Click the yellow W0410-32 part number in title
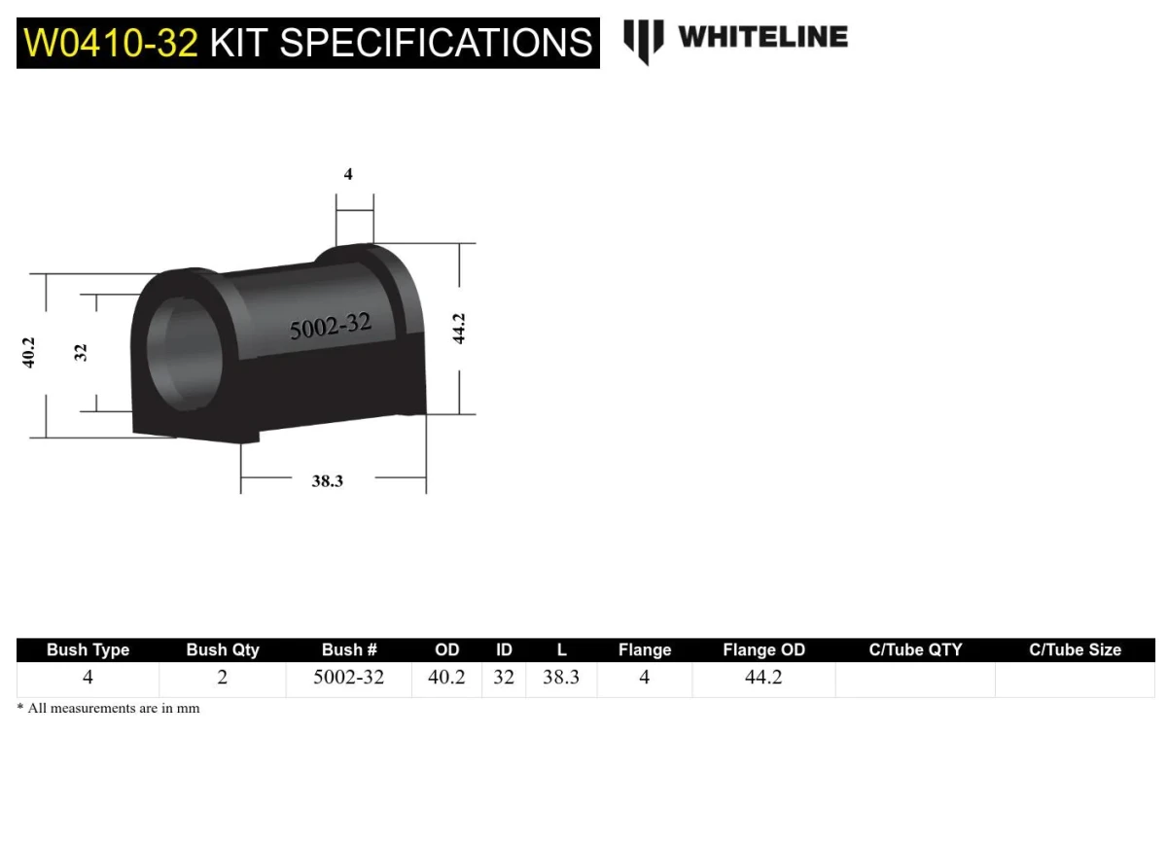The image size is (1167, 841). (111, 43)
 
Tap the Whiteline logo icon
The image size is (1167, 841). (643, 40)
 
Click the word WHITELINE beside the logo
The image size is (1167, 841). (762, 37)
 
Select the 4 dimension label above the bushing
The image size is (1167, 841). (348, 175)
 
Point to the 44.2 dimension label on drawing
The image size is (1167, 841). (459, 328)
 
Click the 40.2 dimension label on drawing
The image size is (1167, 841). (29, 352)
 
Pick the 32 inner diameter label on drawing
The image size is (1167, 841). (81, 352)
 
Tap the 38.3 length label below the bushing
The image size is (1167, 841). (327, 480)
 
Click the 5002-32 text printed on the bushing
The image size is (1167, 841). (331, 327)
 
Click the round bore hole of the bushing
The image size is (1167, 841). (185, 353)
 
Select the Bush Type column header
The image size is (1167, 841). (88, 650)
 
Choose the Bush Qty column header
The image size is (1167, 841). (223, 650)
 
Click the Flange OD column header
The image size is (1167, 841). (763, 650)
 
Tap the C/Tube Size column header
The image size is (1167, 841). (1075, 650)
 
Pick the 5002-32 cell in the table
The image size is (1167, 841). (348, 678)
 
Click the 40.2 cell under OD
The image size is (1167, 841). (446, 678)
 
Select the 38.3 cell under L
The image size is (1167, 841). (561, 678)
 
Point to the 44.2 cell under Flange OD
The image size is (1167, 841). (763, 678)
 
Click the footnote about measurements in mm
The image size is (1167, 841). (108, 709)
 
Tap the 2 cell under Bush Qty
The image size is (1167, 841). (222, 678)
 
